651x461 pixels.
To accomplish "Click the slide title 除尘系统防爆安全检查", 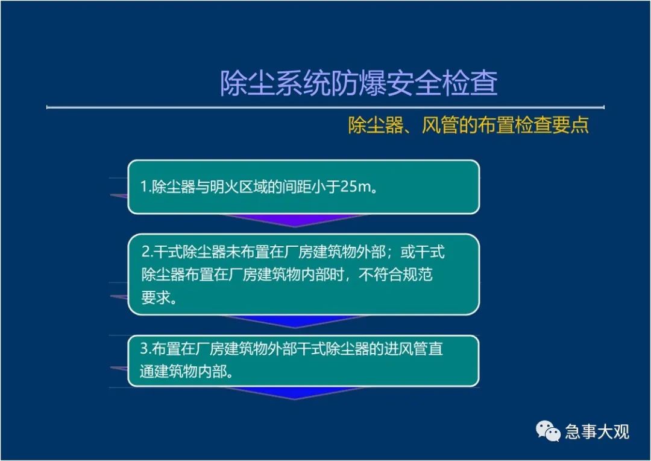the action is tap(359, 83).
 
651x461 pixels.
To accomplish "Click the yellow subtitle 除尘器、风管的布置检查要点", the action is tap(468, 125).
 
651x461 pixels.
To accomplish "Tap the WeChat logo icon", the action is tap(548, 431).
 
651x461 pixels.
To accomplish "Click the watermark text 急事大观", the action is tap(597, 431).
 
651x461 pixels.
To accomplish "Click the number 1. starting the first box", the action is tap(146, 186).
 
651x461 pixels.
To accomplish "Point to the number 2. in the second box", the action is tap(148, 252).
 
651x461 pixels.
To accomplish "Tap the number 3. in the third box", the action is tap(145, 348).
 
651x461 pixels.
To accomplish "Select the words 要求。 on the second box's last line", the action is tap(159, 297).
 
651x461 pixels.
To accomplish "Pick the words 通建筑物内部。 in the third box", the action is tap(186, 371).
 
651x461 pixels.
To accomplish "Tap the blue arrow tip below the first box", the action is tap(295, 227).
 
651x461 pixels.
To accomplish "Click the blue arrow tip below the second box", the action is tap(295, 328).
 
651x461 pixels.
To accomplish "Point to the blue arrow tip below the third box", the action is tap(295, 399).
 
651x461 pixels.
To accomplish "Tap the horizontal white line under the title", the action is tap(325, 107).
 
